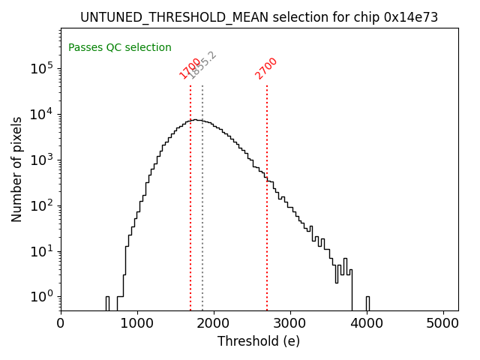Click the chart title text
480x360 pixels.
259,17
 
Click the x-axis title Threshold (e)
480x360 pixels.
259,341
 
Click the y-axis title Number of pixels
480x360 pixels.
16,169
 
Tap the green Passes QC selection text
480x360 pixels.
120,48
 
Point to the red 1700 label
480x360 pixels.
190,68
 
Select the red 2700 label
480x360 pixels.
266,68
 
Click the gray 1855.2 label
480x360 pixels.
202,65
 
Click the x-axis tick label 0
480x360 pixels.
61,323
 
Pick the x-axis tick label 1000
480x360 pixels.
137,323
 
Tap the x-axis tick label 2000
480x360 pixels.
214,323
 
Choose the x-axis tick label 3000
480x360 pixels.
290,323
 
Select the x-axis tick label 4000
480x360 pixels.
367,323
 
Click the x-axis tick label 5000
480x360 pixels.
443,323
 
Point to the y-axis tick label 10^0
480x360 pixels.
42,297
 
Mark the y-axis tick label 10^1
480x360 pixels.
42,251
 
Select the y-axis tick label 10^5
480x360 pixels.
42,68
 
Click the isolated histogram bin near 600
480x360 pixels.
107,303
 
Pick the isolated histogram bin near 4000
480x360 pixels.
367,303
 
